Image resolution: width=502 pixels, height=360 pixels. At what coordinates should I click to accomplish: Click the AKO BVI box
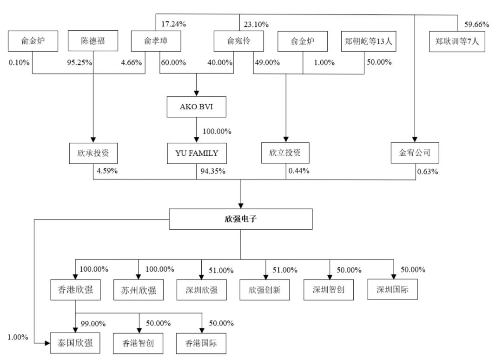(196, 107)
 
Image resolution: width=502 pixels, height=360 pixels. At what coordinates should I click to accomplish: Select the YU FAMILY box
(197, 153)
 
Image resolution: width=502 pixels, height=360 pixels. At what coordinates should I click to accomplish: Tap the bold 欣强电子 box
(240, 219)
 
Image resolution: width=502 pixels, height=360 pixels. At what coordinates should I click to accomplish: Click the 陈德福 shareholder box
(93, 40)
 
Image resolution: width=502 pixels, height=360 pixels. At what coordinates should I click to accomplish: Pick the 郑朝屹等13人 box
(369, 41)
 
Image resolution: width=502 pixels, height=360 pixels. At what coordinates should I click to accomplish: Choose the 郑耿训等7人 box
(457, 41)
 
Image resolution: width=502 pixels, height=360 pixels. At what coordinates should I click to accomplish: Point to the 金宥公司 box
(415, 153)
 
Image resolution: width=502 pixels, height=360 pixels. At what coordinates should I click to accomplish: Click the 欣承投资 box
(93, 153)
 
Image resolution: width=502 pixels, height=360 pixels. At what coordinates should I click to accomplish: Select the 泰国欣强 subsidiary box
(75, 343)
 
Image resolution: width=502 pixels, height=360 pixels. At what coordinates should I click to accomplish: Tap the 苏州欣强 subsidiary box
(139, 290)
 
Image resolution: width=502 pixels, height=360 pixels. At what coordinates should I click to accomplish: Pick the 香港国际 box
(201, 343)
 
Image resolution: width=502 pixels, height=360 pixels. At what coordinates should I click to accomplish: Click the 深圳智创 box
(329, 290)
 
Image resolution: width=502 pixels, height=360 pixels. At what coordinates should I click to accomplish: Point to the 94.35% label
(213, 171)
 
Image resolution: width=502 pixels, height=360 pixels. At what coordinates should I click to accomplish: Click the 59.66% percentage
(477, 24)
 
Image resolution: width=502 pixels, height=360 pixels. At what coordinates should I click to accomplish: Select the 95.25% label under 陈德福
(79, 62)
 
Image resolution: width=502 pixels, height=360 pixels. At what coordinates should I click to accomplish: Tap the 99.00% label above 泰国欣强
(93, 324)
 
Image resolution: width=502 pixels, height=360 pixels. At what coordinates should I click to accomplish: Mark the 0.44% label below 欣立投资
(299, 171)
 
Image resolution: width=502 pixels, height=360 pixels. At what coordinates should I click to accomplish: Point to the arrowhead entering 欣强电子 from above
(241, 206)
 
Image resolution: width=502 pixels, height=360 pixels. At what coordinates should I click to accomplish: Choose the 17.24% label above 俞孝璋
(173, 24)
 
